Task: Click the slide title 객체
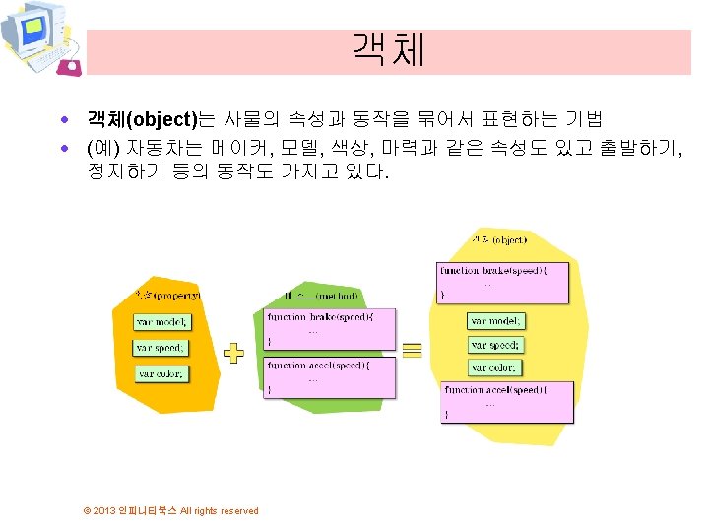[388, 50]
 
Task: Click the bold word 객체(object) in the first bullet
[142, 121]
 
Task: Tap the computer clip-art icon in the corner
[39, 38]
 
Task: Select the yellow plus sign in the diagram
[233, 353]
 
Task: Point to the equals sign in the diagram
[413, 348]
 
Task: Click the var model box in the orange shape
[162, 321]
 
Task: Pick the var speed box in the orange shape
[161, 348]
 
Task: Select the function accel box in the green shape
[330, 377]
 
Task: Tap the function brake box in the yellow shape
[502, 281]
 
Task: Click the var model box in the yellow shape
[496, 321]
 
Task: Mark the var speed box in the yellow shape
[495, 345]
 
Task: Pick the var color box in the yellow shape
[494, 367]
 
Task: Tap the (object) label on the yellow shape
[499, 239]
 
